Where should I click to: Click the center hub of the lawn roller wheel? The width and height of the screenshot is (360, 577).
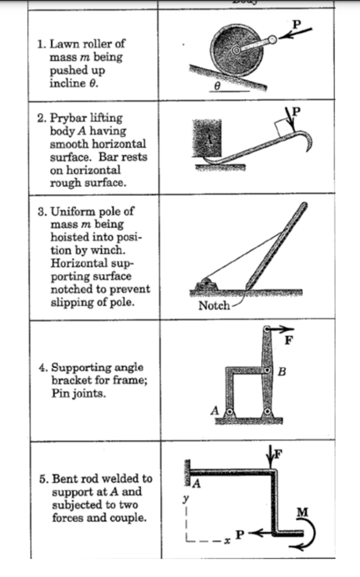[x=236, y=50]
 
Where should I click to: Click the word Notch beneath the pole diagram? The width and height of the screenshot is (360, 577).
[x=214, y=306]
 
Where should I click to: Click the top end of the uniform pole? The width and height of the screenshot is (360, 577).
[x=305, y=206]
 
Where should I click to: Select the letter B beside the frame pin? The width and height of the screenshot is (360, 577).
[x=282, y=372]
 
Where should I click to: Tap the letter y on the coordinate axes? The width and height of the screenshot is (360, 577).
[x=185, y=499]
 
